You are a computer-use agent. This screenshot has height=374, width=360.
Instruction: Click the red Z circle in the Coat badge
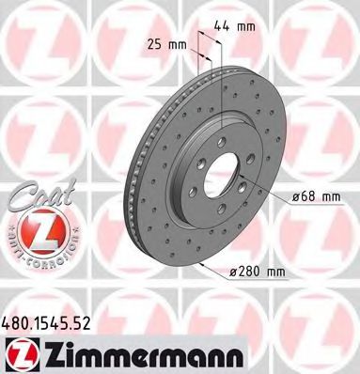(x=37, y=231)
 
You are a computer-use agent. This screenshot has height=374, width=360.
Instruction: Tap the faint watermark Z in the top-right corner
(x=324, y=38)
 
